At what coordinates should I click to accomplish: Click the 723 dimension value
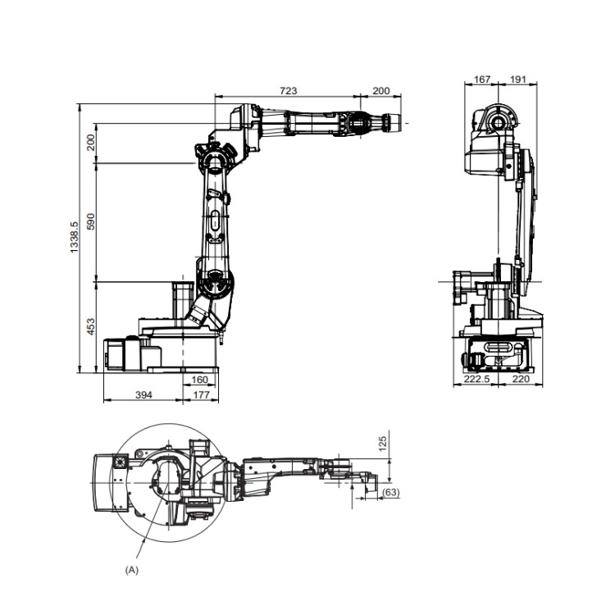pyautogui.click(x=289, y=90)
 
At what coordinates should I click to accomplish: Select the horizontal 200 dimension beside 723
pyautogui.click(x=380, y=90)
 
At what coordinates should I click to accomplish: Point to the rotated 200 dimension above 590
pyautogui.click(x=90, y=143)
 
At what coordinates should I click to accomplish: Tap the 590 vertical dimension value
pyautogui.click(x=90, y=221)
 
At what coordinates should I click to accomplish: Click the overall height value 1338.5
pyautogui.click(x=74, y=237)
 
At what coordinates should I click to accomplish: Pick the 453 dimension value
pyautogui.click(x=90, y=326)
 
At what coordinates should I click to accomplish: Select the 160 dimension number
pyautogui.click(x=199, y=380)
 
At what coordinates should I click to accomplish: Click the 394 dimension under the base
pyautogui.click(x=143, y=395)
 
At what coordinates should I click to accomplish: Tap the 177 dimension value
pyautogui.click(x=201, y=395)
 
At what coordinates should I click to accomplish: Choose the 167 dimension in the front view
pyautogui.click(x=481, y=80)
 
